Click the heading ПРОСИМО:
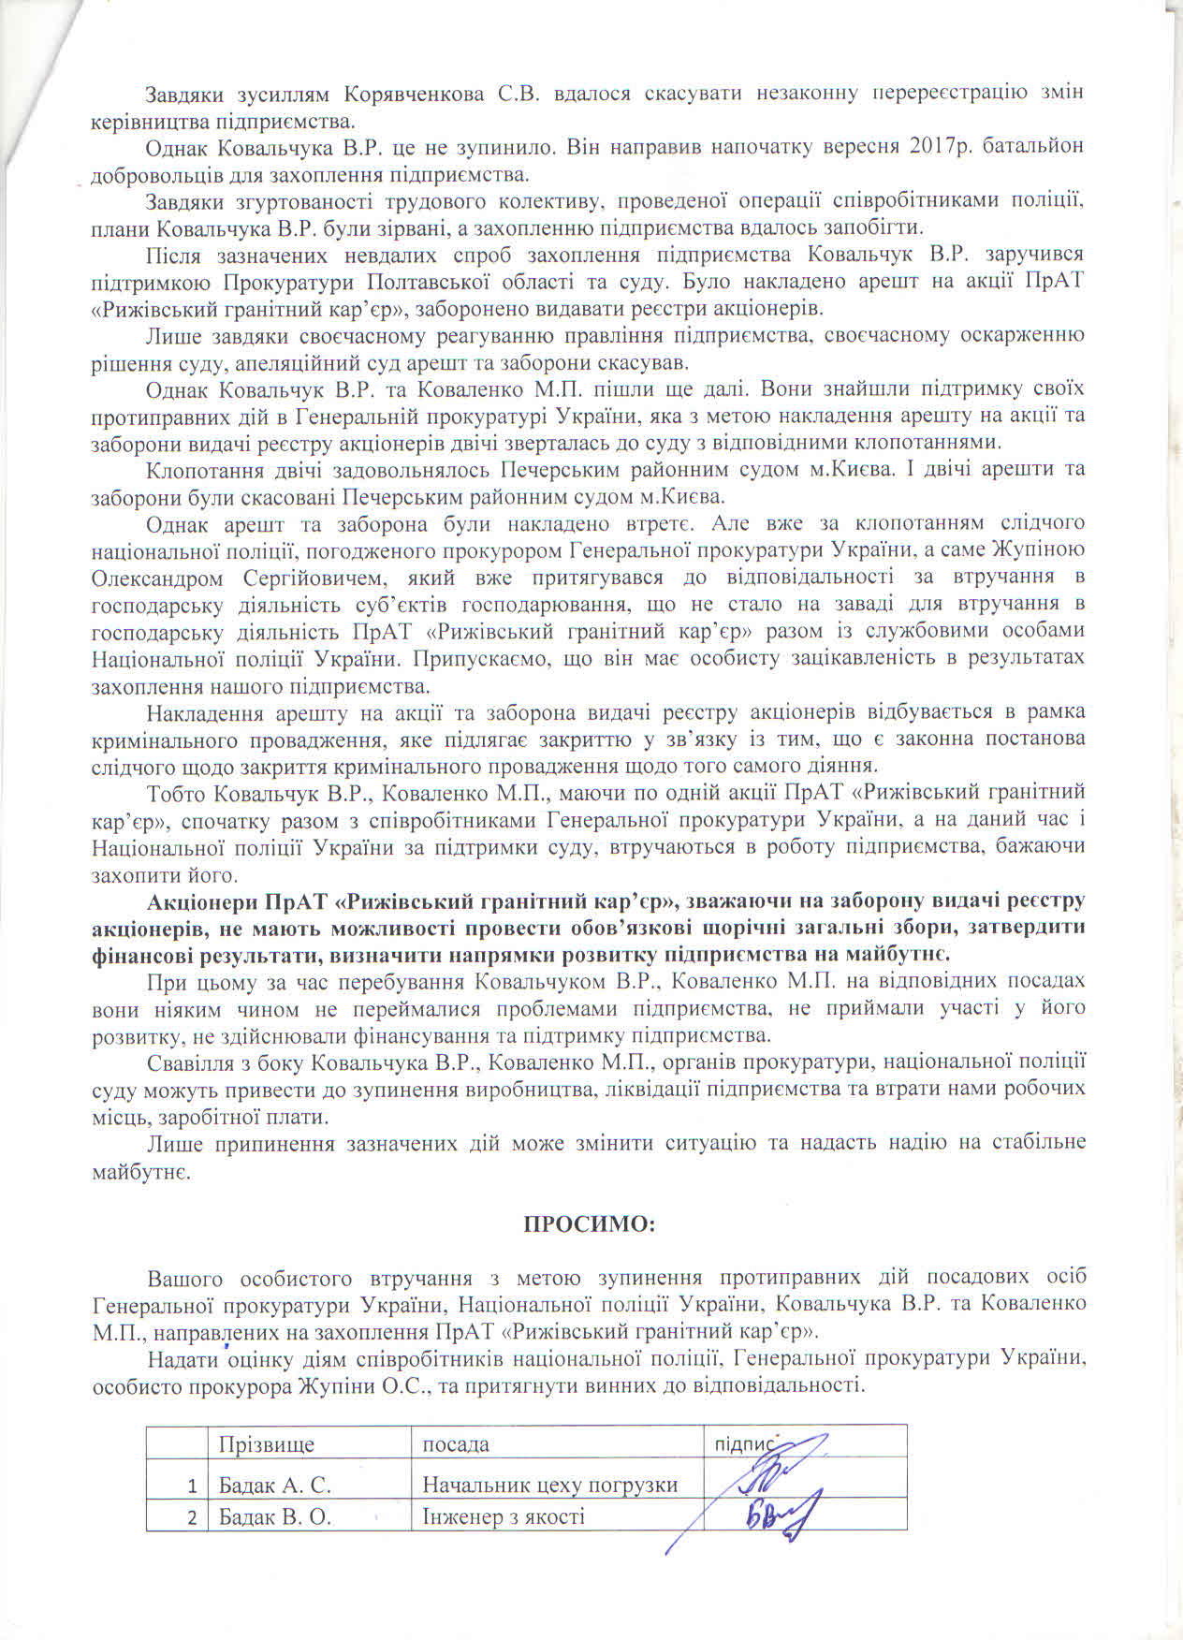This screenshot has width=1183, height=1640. click(x=591, y=1223)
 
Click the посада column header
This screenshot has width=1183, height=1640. click(x=456, y=1444)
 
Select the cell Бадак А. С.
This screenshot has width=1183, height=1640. click(x=275, y=1486)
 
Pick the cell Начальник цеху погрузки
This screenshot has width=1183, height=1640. click(x=549, y=1486)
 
